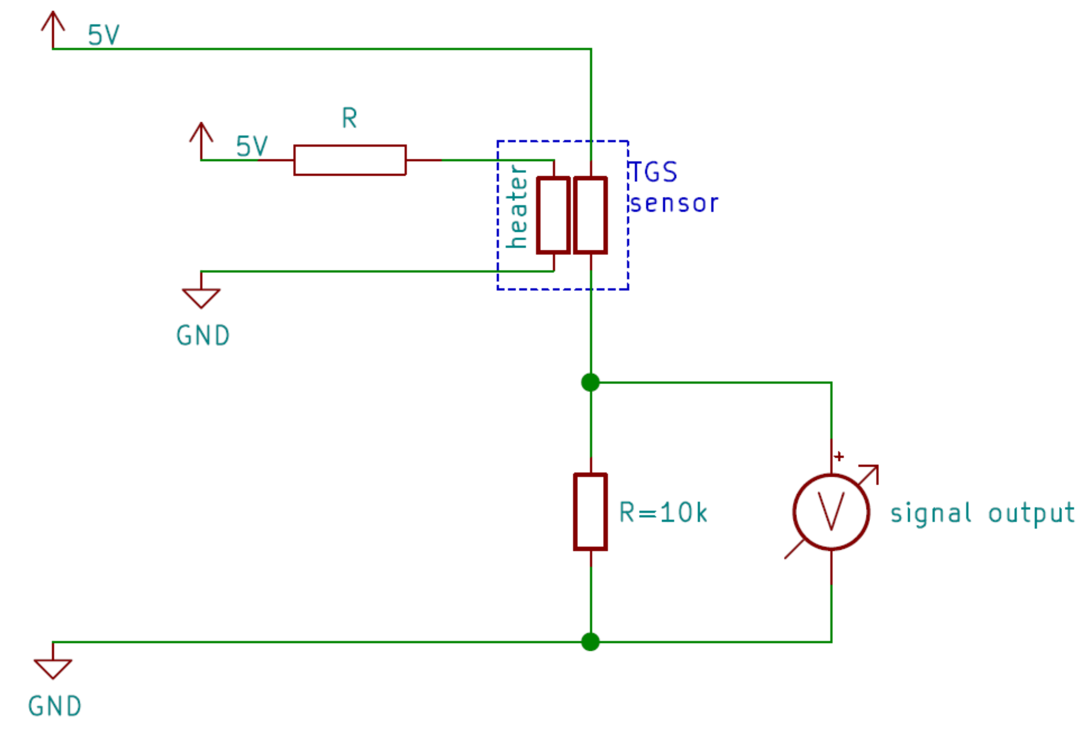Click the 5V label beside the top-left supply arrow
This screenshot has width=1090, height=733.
point(103,35)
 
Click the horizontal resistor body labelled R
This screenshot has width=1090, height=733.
point(350,160)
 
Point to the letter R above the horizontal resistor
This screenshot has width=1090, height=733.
point(349,118)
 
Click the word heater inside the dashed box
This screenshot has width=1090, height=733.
point(517,206)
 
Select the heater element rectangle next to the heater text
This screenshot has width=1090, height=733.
point(554,215)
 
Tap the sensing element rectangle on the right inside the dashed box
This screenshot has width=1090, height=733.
point(591,215)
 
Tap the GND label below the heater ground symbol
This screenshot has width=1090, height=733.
point(203,336)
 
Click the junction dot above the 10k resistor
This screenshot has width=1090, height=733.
point(591,382)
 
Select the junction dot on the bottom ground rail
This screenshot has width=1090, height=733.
point(591,642)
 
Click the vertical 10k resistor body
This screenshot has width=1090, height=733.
point(591,512)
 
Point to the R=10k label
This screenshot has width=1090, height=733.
point(663,513)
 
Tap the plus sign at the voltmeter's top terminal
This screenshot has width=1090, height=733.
point(839,456)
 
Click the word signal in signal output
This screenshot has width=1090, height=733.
point(931,513)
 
